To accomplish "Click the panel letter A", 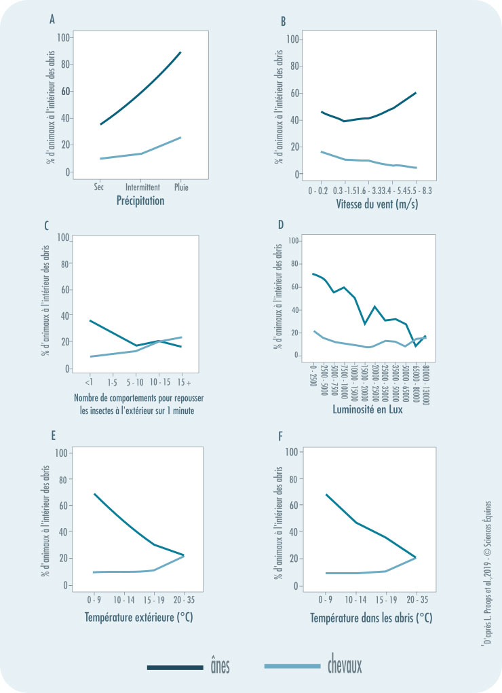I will pyautogui.click(x=52, y=20).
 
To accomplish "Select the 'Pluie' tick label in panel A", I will pyautogui.click(x=182, y=187).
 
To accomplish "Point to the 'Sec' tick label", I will pyautogui.click(x=100, y=187).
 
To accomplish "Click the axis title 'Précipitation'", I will pyautogui.click(x=141, y=201).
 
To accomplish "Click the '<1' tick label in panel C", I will pyautogui.click(x=90, y=381).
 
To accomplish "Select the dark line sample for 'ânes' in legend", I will pyautogui.click(x=175, y=668).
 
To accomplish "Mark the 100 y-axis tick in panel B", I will pyautogui.click(x=294, y=39).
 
